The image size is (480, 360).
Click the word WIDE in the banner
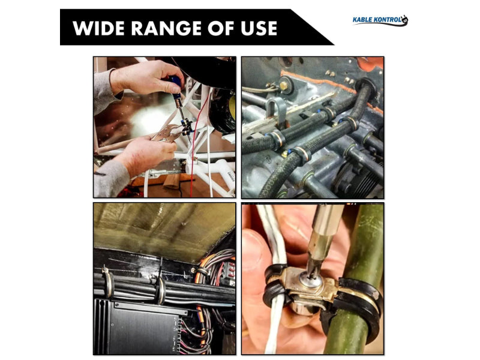pyautogui.click(x=98, y=28)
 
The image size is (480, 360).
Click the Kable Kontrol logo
pyautogui.click(x=380, y=20)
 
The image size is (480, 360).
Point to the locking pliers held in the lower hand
pyautogui.click(x=168, y=133)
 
